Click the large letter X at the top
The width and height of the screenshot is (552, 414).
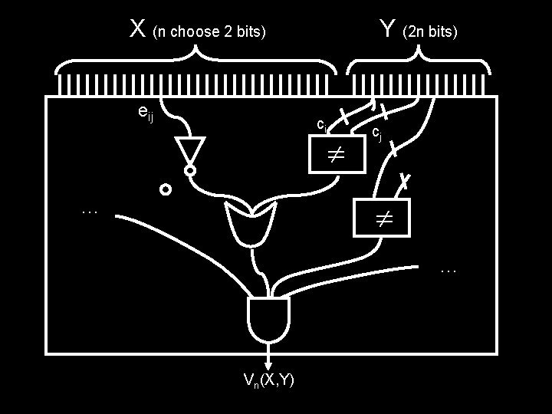point(138,29)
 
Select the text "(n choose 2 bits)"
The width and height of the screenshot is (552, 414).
point(209,32)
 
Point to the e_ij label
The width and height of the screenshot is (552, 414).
point(143,113)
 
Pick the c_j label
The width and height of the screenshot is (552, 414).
point(376,133)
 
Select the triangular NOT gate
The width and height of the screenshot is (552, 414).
point(189,150)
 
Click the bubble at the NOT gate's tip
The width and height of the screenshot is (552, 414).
point(189,170)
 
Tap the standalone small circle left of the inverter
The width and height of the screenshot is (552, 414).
point(165,189)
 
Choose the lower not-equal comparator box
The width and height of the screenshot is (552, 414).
point(382,217)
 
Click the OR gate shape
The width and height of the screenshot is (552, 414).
point(251,224)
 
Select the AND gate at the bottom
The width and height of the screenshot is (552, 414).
point(268,320)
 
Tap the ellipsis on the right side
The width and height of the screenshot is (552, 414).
point(449,269)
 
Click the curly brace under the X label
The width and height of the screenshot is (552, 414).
point(195,61)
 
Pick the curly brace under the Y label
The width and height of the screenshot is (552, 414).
point(419,61)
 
